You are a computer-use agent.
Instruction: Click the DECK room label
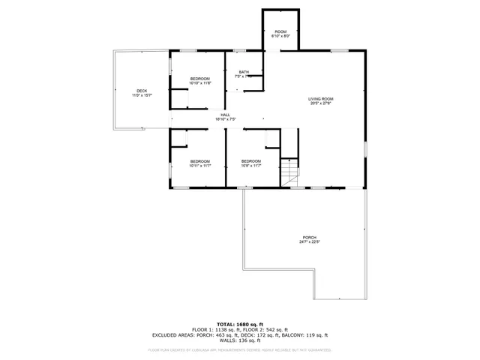[x=142, y=91]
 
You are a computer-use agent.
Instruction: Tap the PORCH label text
[x=310, y=238]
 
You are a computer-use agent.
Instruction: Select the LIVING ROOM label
[x=320, y=99]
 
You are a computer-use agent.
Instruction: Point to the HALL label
[x=225, y=115]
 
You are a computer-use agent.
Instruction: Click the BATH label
[x=244, y=72]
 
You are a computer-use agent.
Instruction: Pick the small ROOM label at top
[x=280, y=31]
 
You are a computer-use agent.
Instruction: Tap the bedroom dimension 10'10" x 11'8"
[x=199, y=83]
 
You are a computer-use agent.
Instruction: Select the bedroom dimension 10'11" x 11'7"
[x=199, y=166]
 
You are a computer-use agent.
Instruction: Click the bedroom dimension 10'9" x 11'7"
[x=250, y=166]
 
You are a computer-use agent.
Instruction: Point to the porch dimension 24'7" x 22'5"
[x=310, y=242]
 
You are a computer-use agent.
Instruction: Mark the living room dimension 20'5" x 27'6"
[x=320, y=103]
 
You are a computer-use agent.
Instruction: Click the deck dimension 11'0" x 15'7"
[x=142, y=95]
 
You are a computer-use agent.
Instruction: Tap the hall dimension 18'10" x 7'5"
[x=225, y=119]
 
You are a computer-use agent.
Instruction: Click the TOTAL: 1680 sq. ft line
[x=240, y=324]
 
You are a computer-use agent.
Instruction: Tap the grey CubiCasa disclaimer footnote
[x=240, y=349]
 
